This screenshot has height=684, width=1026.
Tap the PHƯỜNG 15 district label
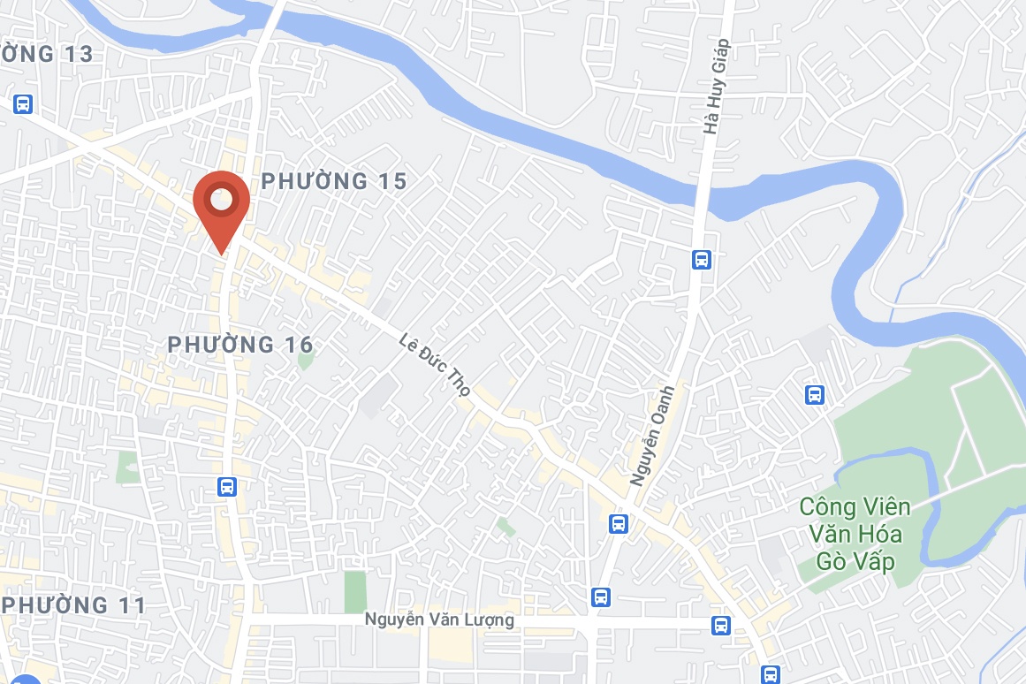334,181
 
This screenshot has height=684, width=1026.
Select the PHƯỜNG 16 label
240,344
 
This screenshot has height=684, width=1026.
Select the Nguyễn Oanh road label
653,435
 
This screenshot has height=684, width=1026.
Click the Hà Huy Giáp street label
717,87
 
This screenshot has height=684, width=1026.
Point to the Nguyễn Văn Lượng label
439,620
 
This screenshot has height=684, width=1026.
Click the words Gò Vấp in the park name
856,561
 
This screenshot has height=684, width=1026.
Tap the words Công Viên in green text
855,507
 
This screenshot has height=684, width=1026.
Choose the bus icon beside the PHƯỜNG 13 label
24,103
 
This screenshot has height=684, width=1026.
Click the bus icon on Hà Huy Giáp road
702,260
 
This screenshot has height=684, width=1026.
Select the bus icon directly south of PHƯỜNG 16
227,486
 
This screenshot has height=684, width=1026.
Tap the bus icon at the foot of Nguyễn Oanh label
619,523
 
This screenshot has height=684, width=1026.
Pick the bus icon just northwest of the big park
815,394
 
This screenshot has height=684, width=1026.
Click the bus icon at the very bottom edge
771,673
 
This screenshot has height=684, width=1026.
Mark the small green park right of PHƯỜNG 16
306,360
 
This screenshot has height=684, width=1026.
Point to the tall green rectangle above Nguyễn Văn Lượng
354,591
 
